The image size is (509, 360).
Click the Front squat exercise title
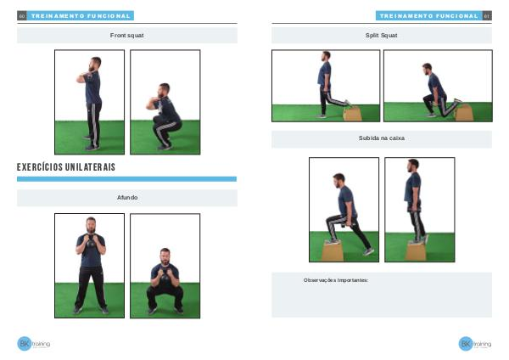(127, 36)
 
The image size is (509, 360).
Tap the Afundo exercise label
(127, 198)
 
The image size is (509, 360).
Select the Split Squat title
(382, 36)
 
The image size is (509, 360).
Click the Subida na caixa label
(382, 138)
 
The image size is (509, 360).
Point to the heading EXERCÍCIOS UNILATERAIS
(66, 167)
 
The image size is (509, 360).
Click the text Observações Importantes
(336, 280)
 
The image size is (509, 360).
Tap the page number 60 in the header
(22, 16)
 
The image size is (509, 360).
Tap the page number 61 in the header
(487, 16)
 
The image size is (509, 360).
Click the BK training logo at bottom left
(33, 343)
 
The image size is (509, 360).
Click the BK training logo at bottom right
(475, 343)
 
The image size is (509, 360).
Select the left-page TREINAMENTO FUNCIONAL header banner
(81, 16)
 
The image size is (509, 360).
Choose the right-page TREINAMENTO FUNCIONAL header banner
(429, 16)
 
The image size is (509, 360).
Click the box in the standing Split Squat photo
(353, 114)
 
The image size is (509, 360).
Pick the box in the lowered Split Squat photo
(464, 113)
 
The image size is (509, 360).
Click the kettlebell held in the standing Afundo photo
(91, 242)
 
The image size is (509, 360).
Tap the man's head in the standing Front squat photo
(95, 64)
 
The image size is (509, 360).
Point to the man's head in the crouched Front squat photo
(164, 90)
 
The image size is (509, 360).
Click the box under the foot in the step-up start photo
(333, 251)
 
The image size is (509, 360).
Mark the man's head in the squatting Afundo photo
(165, 256)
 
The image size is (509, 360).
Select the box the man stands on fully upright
(416, 251)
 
